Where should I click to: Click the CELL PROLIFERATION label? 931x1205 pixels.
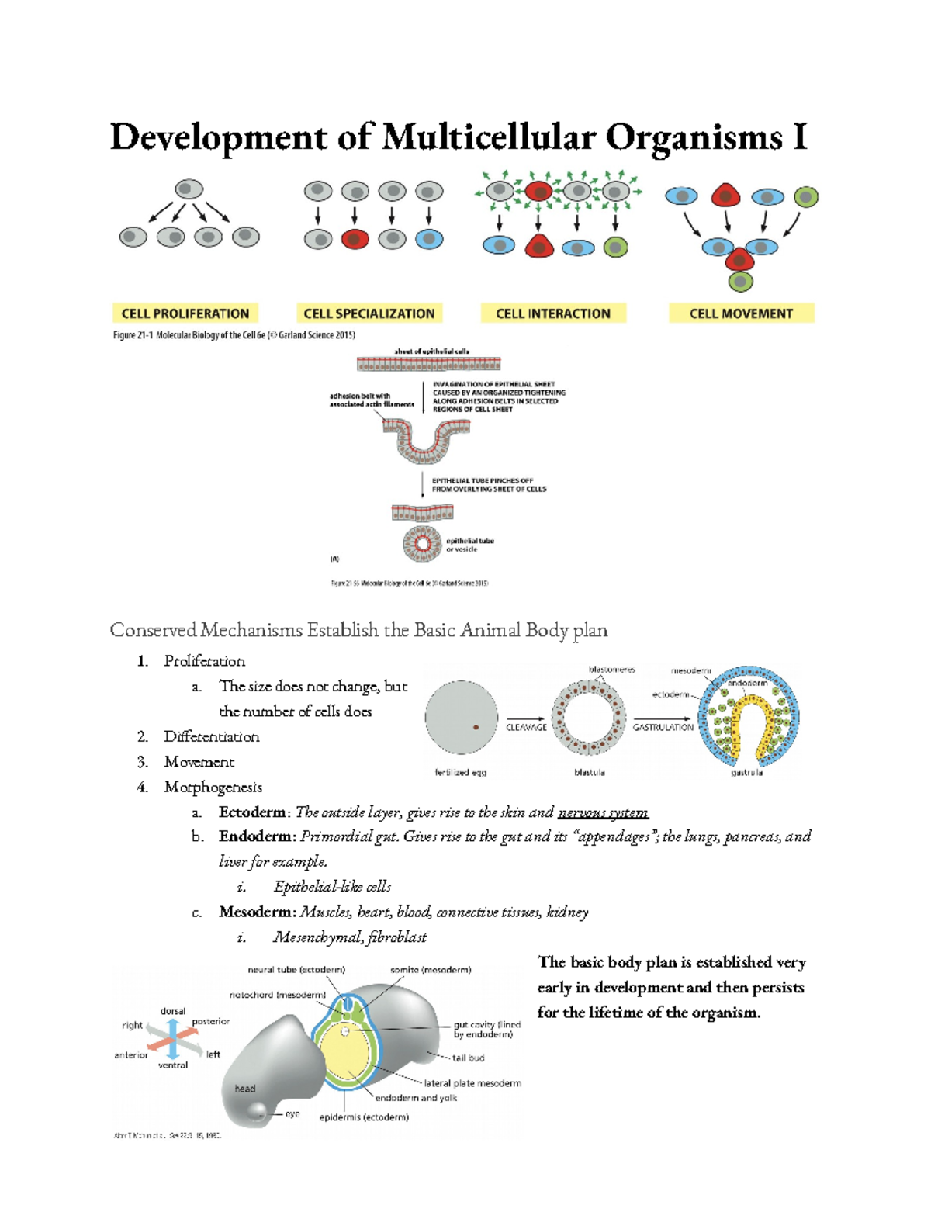185,313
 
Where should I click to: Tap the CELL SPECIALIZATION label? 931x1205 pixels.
369,313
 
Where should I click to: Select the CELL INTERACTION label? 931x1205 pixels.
553,313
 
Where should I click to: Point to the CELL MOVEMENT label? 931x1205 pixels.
741,313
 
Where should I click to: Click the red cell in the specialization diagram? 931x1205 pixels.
355,239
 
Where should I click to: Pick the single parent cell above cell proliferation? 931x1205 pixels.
189,189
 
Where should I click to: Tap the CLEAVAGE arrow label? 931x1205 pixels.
526,727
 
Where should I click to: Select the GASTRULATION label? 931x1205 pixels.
663,727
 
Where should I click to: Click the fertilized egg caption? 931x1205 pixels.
461,772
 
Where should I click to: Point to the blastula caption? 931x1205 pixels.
590,772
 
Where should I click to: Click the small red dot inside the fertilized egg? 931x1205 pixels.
476,728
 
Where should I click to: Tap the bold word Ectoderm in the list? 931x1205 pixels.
252,812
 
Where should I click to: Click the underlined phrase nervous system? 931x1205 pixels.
603,812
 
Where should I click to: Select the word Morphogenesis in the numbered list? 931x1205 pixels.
213,787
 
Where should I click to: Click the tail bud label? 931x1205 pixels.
469,1058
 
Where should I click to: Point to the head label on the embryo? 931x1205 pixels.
245,1089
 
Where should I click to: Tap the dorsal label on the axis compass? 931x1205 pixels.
173,1011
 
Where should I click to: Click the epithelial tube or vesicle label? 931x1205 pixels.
469,545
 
